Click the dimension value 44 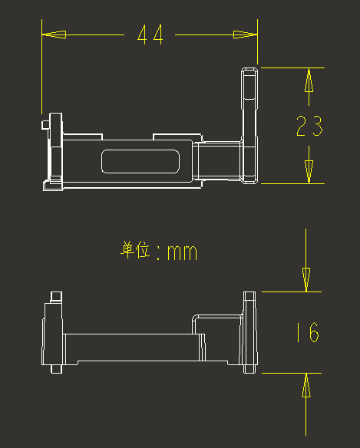(x=150, y=35)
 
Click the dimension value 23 (x=309, y=126)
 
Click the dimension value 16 (x=308, y=332)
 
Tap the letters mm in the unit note (x=182, y=252)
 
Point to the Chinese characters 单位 (x=135, y=250)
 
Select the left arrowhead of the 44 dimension (x=54, y=35)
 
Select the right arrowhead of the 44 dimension (x=245, y=35)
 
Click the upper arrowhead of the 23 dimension (x=309, y=81)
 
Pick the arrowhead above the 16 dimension (x=306, y=280)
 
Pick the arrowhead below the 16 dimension (x=306, y=385)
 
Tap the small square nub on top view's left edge (x=46, y=125)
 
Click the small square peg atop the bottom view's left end (x=56, y=297)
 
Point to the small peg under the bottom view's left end (x=56, y=369)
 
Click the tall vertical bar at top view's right (x=249, y=126)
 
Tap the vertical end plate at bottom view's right (x=249, y=333)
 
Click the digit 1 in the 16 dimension (x=298, y=332)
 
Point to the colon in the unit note (x=158, y=252)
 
